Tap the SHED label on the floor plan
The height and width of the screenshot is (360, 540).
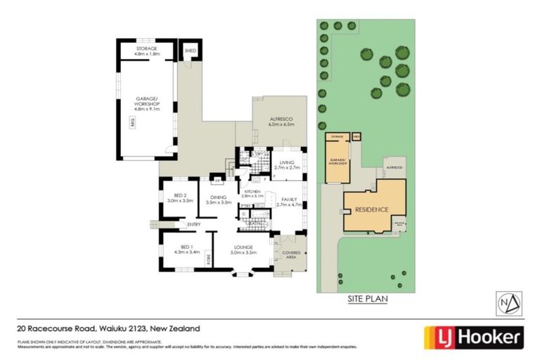coord(190,51)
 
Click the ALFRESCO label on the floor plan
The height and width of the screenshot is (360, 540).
coord(281,120)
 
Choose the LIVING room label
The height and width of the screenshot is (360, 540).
coord(286,162)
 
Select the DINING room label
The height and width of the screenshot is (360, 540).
coord(218,197)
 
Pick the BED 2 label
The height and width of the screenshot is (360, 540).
coord(179,195)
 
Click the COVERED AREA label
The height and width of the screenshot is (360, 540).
coord(291,255)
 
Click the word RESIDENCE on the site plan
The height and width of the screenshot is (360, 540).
coord(372,210)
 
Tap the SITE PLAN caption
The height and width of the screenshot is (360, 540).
coord(368,299)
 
